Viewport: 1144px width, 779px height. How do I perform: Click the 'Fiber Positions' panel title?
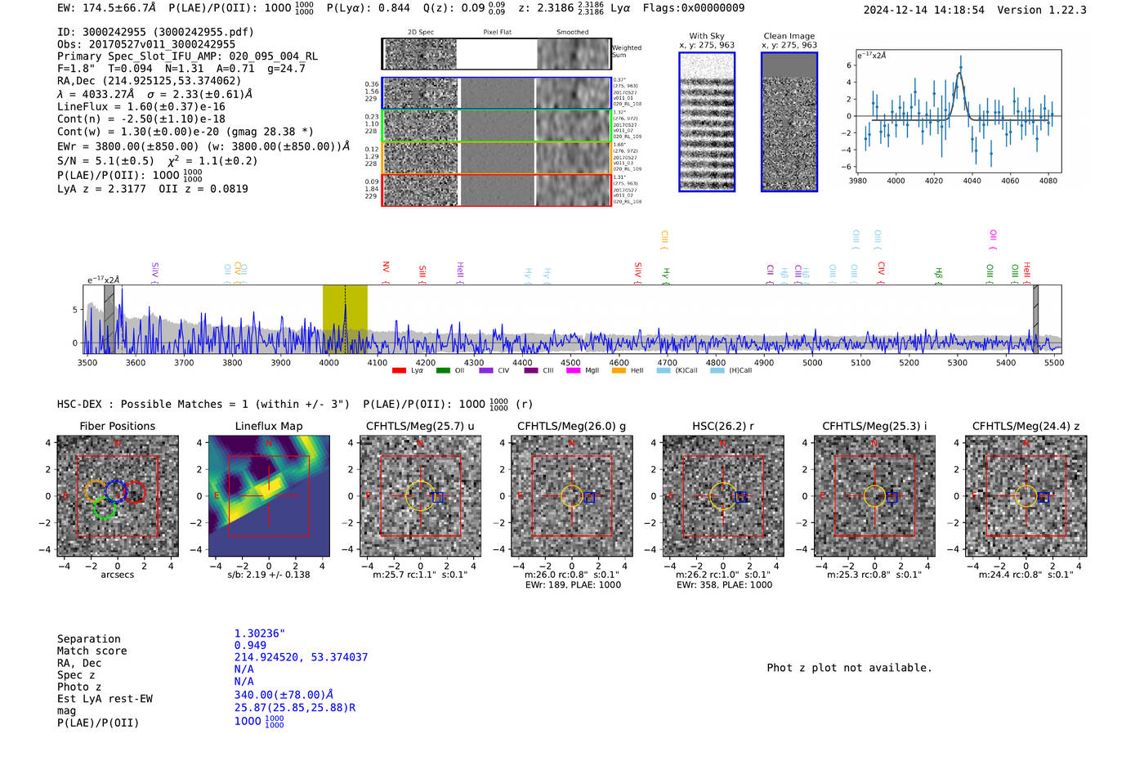click(x=117, y=426)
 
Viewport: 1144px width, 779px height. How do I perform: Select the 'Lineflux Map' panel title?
click(x=269, y=426)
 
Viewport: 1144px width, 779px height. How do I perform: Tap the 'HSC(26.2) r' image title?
click(x=723, y=426)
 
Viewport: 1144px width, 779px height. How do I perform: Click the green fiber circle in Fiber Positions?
click(x=105, y=508)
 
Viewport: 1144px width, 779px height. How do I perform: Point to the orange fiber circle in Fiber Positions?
click(x=96, y=490)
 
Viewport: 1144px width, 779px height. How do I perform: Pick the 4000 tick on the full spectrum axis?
click(x=328, y=362)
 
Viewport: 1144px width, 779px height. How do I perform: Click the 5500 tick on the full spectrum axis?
click(x=1054, y=362)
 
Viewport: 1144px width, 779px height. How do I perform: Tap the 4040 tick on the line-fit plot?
click(x=972, y=181)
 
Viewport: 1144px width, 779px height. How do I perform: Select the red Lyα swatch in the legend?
click(x=399, y=370)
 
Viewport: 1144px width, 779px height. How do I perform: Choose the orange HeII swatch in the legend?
click(x=619, y=370)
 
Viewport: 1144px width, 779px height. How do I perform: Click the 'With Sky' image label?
click(x=707, y=36)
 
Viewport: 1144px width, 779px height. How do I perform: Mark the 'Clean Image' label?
click(x=789, y=36)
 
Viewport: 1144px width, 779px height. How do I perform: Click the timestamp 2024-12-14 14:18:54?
click(x=923, y=10)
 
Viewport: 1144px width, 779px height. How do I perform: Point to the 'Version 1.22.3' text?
click(x=1042, y=10)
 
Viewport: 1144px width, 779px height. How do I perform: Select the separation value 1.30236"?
click(x=259, y=633)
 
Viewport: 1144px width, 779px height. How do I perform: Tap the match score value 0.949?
click(x=250, y=645)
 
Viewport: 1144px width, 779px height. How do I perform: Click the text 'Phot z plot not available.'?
click(x=849, y=668)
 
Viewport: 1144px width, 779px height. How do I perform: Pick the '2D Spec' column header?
click(x=421, y=32)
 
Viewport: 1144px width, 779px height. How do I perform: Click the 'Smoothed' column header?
click(x=572, y=32)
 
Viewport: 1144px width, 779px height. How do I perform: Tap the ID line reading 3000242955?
click(x=155, y=32)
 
